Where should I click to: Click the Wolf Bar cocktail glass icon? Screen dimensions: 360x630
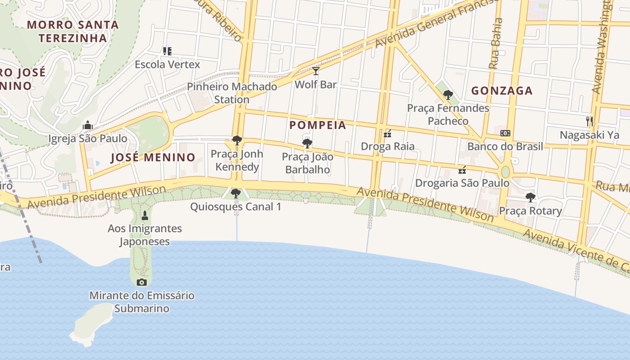coord(316,71)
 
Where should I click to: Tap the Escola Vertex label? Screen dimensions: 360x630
coord(167,64)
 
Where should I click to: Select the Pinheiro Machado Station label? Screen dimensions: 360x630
coord(232,93)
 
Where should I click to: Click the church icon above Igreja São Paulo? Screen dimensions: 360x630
coord(88,125)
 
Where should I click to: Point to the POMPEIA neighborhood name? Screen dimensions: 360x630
coord(318,125)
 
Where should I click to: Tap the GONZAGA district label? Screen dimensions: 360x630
coord(502,91)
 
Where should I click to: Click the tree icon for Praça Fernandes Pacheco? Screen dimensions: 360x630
coord(448,94)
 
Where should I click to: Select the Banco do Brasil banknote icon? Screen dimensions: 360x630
coord(505,133)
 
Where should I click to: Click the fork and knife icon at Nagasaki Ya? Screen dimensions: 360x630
coord(589,121)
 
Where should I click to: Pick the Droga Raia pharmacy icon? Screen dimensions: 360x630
coord(387,133)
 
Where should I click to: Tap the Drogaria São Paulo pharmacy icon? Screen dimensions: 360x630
coord(462,170)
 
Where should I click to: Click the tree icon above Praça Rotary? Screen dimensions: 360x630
coord(531,197)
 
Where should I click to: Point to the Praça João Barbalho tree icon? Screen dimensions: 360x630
coord(307,144)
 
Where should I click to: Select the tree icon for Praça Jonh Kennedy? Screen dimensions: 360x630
coord(237,140)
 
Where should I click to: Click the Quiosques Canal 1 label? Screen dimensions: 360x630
coord(235,207)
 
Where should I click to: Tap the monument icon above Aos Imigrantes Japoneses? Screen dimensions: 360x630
coord(144,215)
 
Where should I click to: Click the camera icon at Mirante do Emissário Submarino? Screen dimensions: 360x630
coord(142,282)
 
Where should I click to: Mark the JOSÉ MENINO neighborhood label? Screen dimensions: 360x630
coord(153,157)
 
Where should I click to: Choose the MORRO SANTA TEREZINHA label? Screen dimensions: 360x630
coord(73,31)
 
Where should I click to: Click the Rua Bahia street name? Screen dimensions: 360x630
coord(495,44)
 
